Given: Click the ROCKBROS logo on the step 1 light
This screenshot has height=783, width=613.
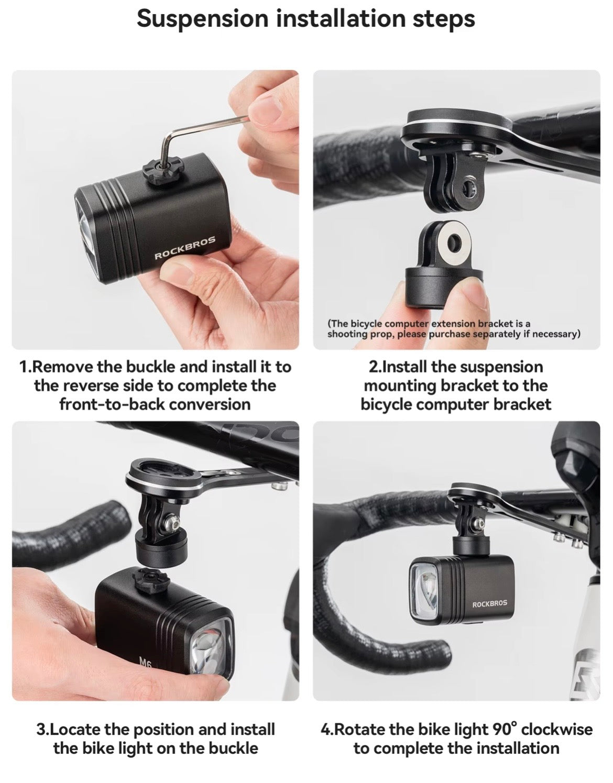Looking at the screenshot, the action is [x=185, y=248].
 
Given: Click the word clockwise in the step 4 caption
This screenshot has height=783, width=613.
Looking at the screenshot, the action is [x=556, y=729].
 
